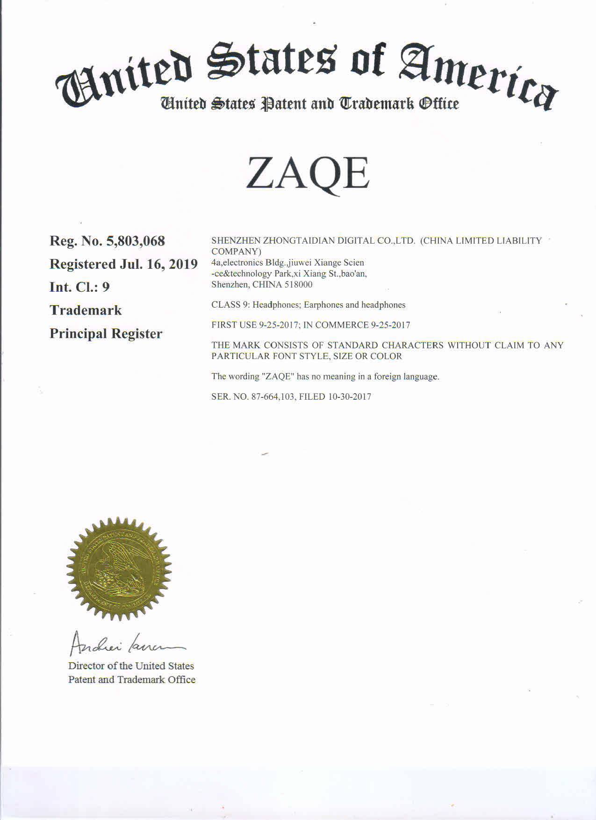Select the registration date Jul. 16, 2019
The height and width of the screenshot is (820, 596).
159,264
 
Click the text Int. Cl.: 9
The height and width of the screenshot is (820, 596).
79,287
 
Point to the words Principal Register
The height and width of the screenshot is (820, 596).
106,334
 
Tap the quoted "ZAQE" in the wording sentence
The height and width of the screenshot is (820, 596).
279,376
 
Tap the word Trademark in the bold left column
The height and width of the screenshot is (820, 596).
86,310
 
